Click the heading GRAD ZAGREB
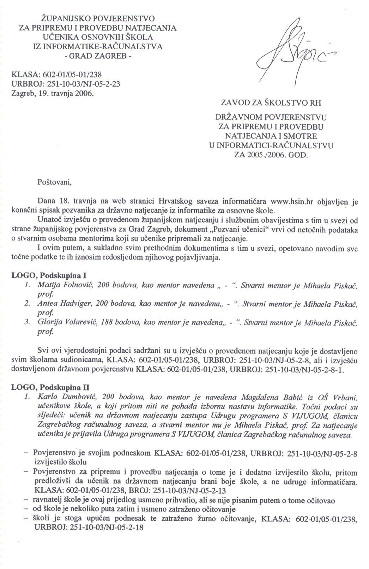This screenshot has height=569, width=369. point(98,56)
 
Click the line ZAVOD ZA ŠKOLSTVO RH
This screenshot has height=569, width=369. point(271,103)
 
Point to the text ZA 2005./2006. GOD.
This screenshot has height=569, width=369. point(271,155)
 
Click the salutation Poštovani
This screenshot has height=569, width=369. point(54,182)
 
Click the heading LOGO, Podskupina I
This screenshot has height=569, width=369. point(49,275)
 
